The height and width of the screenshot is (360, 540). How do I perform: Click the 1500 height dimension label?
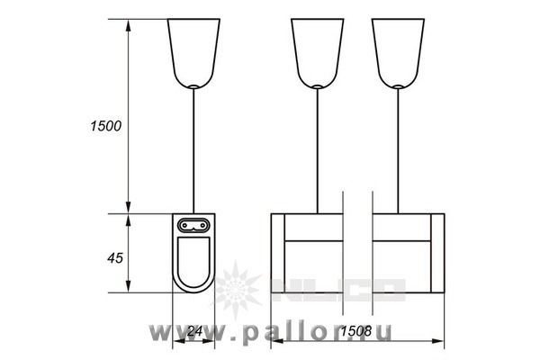click(105, 126)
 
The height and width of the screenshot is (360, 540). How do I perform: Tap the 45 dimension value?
click(115, 257)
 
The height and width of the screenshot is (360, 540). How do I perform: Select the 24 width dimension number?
click(194, 331)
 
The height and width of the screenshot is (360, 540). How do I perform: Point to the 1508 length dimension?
click(356, 331)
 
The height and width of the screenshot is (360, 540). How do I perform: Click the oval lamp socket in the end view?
click(193, 225)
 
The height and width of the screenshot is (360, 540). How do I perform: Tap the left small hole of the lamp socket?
click(184, 225)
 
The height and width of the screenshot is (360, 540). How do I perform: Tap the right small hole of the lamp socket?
click(202, 225)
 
